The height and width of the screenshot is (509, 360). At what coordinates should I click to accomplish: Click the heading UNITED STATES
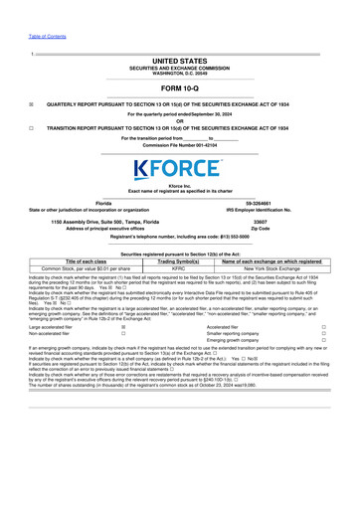(180, 61)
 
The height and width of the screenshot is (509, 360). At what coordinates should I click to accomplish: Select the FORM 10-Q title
(180, 86)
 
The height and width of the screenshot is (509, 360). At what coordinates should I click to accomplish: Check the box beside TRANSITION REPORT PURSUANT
(33, 130)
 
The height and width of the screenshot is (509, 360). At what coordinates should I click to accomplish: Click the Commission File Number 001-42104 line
(180, 146)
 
